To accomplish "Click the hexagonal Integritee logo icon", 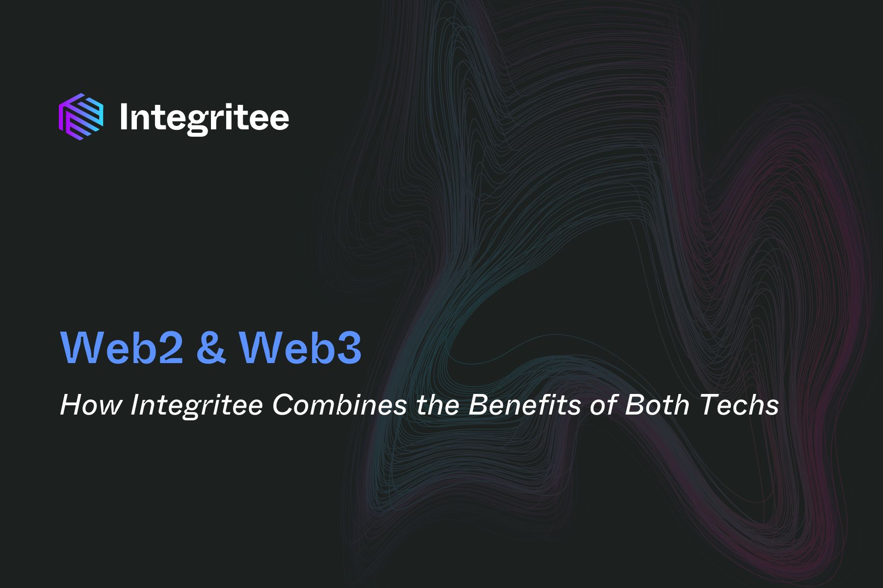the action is (81, 114).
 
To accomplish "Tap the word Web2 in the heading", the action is (122, 347).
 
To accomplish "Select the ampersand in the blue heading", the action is (211, 347).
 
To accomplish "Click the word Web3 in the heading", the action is (300, 347).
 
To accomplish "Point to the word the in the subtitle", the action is (437, 405).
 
